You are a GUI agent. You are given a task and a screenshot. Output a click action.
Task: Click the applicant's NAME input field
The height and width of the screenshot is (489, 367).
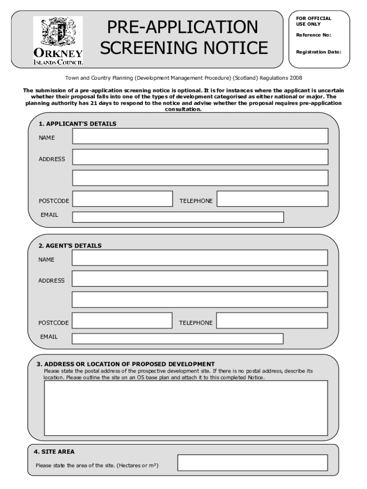click(200, 136)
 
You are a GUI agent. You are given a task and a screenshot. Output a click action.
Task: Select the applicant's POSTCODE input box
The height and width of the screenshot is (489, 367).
click(122, 199)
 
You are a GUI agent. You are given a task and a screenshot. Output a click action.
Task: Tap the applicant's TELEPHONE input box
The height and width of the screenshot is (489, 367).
click(273, 199)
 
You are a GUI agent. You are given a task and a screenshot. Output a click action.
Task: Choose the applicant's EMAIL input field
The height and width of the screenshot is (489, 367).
click(178, 217)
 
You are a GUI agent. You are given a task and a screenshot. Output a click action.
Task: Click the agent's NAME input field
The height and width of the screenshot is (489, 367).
click(200, 258)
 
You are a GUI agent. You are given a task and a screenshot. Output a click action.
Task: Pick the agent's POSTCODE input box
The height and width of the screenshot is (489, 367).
click(122, 320)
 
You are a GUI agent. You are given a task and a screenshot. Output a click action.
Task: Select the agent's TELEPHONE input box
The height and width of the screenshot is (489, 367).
click(272, 320)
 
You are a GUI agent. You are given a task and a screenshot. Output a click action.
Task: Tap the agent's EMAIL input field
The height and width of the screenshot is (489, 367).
click(177, 339)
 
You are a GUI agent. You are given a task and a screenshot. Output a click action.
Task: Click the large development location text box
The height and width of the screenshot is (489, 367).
click(186, 408)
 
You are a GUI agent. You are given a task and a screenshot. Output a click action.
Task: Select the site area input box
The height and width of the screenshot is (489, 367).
click(253, 462)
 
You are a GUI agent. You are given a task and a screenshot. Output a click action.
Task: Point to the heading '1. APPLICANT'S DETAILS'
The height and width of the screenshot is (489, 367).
click(77, 124)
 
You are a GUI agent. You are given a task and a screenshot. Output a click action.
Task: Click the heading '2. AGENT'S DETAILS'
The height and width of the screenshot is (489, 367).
click(70, 245)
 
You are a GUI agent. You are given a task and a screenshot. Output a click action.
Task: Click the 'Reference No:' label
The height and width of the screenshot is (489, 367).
click(313, 35)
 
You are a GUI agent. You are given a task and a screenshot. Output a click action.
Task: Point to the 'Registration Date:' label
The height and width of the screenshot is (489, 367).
click(318, 52)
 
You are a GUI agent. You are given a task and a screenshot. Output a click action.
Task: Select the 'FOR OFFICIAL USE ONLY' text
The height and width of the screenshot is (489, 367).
click(313, 21)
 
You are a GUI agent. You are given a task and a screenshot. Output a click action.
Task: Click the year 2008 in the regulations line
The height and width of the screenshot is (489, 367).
click(294, 77)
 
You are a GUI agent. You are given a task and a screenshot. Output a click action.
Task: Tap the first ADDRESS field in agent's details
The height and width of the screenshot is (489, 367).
click(200, 278)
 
